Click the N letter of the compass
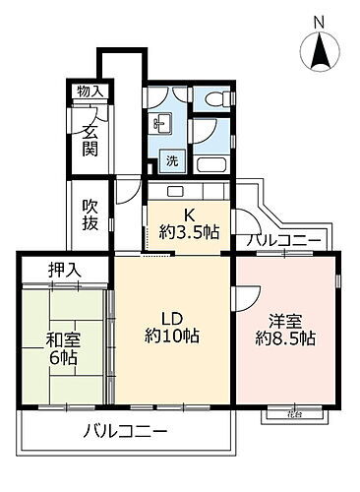pos(318,23)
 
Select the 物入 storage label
pos(90,92)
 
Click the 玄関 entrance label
pos(90,139)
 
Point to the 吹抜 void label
pos(90,217)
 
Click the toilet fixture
pos(218,98)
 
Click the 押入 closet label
pos(66,269)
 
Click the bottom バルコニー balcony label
pos(125,431)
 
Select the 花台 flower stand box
pos(279,414)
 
